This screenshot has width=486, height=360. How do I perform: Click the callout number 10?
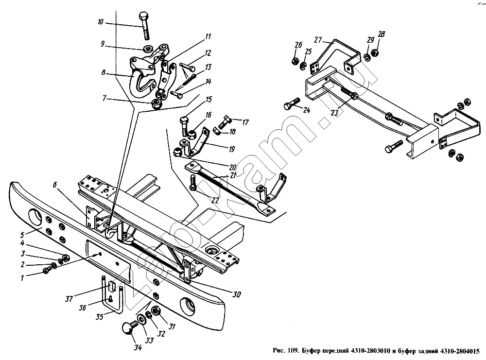[x=101, y=22]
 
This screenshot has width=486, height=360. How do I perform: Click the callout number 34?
[x=138, y=347]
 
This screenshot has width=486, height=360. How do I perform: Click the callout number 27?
[x=318, y=40]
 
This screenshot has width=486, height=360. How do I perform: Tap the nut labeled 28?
[x=374, y=52]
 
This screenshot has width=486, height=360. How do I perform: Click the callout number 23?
[x=334, y=112]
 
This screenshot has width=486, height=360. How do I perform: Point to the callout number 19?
[x=231, y=149]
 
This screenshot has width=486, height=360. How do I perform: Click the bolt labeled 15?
[x=184, y=126]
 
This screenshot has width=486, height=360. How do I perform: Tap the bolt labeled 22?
[x=192, y=183]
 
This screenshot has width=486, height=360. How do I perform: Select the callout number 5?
[x=22, y=234]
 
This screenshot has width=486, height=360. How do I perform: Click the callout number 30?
[x=237, y=294]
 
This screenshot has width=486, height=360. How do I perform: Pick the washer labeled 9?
[x=148, y=48]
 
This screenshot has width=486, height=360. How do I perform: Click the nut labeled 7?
[x=156, y=104]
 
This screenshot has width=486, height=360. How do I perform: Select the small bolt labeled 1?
[x=47, y=271]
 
